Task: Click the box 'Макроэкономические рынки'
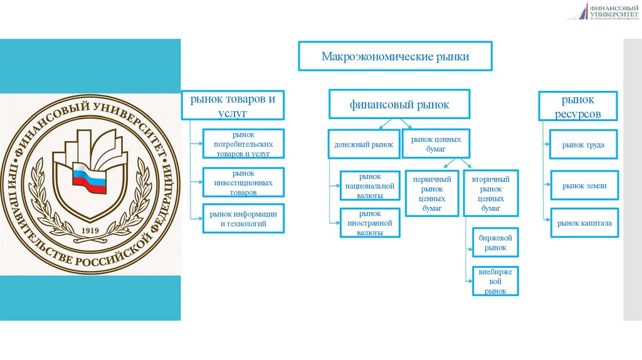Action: [x=395, y=56]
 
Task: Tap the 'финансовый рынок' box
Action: [x=399, y=105]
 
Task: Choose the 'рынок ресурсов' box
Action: [x=577, y=106]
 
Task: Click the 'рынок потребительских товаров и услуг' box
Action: [x=243, y=144]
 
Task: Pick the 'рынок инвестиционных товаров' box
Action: [x=243, y=183]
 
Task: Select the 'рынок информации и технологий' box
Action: [x=243, y=218]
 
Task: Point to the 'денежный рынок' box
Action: [x=363, y=144]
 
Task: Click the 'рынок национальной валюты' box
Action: [x=370, y=187]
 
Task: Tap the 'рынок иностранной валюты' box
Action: [x=370, y=223]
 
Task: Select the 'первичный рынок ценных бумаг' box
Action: [x=431, y=193]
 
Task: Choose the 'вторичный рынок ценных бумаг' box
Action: [x=490, y=193]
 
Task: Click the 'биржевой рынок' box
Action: [x=495, y=243]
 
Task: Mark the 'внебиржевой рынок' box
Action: [x=495, y=281]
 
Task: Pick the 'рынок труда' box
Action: [x=583, y=145]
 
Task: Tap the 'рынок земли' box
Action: [x=583, y=186]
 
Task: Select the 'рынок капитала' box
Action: [x=583, y=222]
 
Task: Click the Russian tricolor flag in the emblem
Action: [x=88, y=176]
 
